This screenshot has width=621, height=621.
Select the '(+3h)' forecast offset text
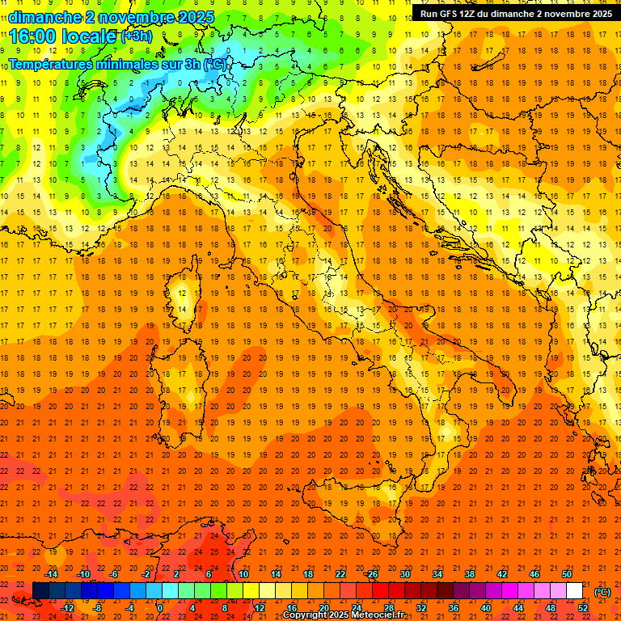136,36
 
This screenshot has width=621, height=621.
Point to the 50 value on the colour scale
567,574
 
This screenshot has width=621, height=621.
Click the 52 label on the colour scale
583,608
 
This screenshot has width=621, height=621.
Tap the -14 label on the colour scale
51,574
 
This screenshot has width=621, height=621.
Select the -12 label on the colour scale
67,608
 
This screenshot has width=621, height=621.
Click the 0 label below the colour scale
160,608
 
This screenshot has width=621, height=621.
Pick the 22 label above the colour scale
340,574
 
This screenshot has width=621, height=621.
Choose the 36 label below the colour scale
454,608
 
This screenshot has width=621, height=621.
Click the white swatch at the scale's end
574,591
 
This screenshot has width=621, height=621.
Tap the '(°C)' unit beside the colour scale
602,592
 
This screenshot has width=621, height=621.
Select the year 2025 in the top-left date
196,16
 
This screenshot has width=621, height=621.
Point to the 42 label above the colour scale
502,574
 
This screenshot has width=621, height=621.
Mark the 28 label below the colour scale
389,608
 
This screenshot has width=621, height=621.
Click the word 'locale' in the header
92,36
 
